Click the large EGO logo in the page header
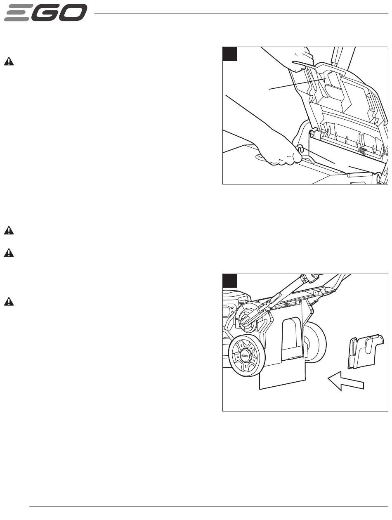click(x=46, y=12)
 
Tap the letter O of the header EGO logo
click(x=74, y=12)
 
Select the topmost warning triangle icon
click(x=9, y=61)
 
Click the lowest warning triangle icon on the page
click(x=9, y=301)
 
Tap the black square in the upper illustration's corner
click(x=230, y=54)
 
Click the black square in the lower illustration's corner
click(x=230, y=281)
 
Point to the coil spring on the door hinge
click(x=362, y=151)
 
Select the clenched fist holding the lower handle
click(x=279, y=151)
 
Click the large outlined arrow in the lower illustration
click(x=345, y=381)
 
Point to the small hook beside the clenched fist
click(x=300, y=149)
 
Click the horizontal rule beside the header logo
click(x=241, y=13)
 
